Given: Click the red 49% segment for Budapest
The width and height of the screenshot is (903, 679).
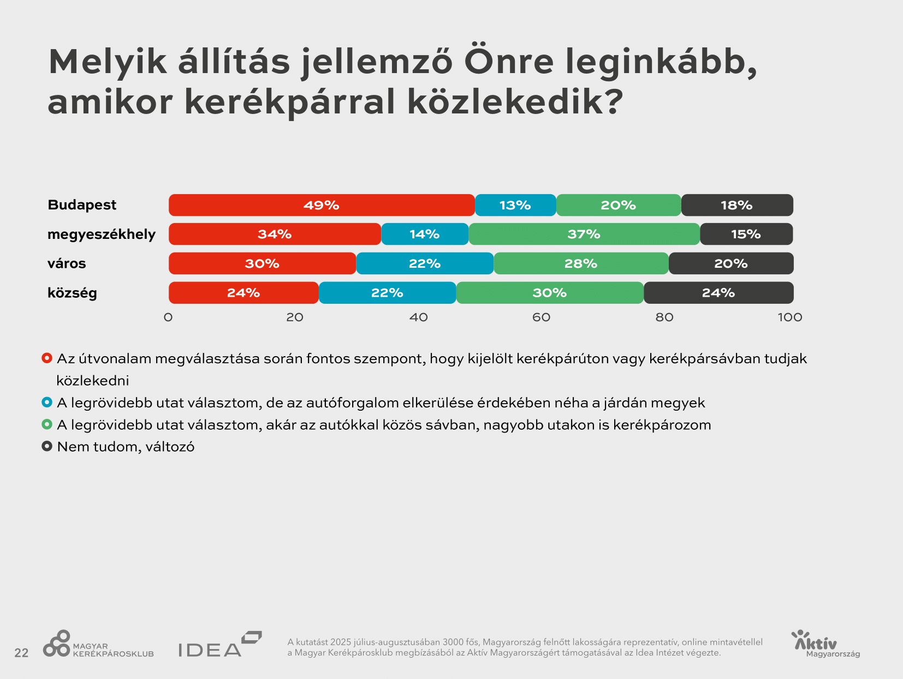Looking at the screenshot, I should (322, 205).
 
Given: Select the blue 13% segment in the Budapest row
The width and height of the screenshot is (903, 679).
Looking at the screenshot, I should (515, 205).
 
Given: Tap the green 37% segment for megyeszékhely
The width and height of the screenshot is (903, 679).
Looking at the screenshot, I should (584, 234).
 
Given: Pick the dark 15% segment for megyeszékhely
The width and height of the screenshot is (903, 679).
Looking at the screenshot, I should (746, 234).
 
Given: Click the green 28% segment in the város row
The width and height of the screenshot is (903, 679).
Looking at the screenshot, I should (581, 263).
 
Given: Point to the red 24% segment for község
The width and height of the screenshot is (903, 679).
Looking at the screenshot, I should (243, 293).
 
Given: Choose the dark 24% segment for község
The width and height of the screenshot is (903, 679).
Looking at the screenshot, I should (718, 293).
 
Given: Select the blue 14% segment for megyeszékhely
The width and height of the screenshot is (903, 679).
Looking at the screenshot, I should (425, 234).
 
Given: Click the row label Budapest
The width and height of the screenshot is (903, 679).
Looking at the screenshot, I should (82, 205).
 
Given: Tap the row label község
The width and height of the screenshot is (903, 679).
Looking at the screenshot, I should (72, 293).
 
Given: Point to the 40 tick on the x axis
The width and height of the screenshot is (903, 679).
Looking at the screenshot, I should (418, 317).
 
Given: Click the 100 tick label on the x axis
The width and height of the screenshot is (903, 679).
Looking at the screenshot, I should (789, 317).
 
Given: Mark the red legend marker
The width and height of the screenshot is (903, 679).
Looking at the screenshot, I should (47, 358).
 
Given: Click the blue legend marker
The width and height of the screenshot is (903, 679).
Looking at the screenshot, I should (47, 402).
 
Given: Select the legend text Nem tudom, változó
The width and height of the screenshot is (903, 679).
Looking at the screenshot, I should (126, 447).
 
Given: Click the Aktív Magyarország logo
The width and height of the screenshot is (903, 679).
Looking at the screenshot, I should (825, 645).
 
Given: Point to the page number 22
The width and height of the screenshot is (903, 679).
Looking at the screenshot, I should (21, 653).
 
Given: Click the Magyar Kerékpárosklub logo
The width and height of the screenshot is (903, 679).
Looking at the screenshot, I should (98, 645).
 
